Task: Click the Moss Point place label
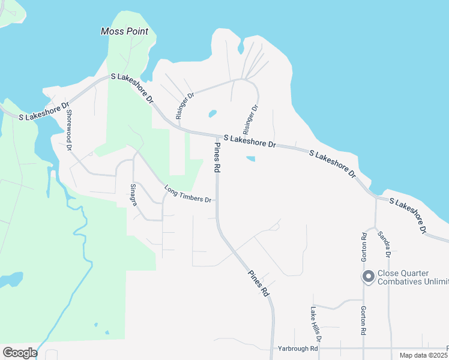coord(124,30)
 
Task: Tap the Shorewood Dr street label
coord(69,128)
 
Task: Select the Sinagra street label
coord(134,195)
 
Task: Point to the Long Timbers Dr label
coord(188,194)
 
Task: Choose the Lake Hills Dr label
coord(315,325)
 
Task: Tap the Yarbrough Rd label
coord(297,349)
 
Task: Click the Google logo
coord(20,353)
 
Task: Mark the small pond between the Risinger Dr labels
coord(212,113)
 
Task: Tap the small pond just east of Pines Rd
coord(250,159)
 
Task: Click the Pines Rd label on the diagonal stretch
coord(259,283)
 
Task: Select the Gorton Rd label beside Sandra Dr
coord(364,245)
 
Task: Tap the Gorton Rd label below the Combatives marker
coord(364,320)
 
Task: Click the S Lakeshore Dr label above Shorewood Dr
coord(44,110)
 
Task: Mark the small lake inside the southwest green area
coord(11,279)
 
